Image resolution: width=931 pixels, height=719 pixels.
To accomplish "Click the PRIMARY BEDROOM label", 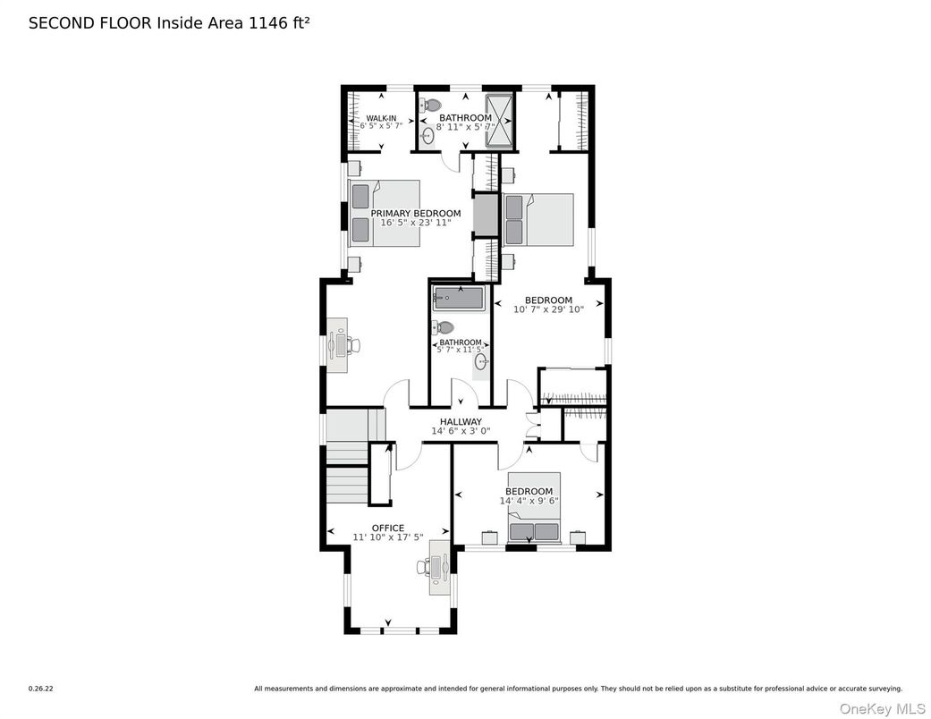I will [416, 213].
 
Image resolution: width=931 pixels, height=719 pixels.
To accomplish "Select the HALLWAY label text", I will [461, 422].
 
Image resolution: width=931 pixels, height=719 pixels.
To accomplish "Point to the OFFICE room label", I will [388, 528].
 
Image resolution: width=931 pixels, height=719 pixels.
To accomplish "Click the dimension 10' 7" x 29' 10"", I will [548, 309].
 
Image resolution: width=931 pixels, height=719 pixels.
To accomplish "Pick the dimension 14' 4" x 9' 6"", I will [529, 502].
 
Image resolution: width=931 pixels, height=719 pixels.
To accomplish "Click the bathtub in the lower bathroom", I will [459, 299].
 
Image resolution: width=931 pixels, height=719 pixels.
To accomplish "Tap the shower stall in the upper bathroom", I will [500, 119].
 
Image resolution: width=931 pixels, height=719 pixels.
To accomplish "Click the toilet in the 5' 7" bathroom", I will [444, 327].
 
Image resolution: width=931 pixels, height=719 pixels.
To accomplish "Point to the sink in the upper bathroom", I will [428, 136].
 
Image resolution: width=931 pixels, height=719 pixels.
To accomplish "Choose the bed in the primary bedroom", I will [384, 214].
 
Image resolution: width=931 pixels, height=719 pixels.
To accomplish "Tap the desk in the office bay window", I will [439, 567].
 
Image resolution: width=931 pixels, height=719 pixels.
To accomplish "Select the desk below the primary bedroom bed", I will [337, 344].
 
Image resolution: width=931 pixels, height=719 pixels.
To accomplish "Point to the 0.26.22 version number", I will [40, 689].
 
